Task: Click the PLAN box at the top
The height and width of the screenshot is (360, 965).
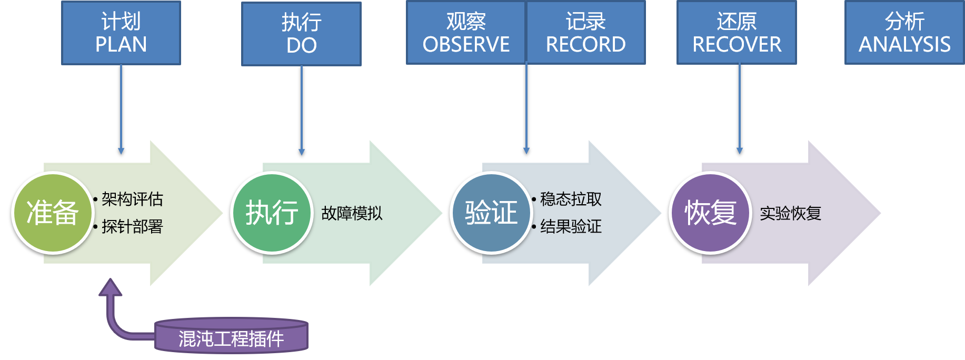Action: pos(121,33)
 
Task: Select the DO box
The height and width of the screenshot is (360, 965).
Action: pos(301,34)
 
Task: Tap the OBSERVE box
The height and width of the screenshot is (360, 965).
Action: pos(466,33)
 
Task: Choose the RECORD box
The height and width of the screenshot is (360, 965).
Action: pos(586,33)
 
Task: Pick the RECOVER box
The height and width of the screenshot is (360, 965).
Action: pos(737,33)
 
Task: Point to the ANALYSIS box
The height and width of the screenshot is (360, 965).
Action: pos(904,33)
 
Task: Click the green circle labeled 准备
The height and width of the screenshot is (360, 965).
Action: pos(52,213)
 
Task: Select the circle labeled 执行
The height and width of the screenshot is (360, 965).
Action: pos(272,213)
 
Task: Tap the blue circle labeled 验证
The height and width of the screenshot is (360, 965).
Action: pos(491,213)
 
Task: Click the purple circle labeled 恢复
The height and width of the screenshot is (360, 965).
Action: pos(710,213)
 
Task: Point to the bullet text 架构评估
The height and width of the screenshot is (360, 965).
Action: pos(132,199)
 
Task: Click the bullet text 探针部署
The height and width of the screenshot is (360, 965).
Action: pos(132,227)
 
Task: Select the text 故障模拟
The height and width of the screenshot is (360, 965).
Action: pos(352,213)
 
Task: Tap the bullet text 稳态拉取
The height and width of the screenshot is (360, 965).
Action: pos(571,199)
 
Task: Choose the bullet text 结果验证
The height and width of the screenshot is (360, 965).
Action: pos(571,227)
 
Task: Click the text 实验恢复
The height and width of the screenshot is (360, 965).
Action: pos(790,213)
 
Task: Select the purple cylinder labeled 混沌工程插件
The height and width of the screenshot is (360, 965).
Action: pos(231,337)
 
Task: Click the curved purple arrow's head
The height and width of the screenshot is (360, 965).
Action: pos(111,287)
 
